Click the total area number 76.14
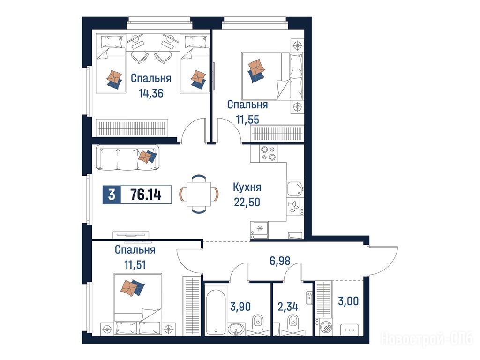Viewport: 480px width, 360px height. (146, 195)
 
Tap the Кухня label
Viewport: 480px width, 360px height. (247, 187)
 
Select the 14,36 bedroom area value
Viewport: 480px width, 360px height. (151, 93)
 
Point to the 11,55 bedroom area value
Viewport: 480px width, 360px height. (247, 120)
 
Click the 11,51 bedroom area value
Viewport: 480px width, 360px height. (135, 264)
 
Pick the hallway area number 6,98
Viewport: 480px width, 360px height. (280, 261)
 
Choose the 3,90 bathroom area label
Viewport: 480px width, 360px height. (240, 306)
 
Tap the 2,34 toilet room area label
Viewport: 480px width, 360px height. (288, 307)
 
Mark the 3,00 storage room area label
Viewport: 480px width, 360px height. (348, 301)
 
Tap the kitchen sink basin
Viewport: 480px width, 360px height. (295, 187)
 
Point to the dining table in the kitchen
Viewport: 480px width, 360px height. (199, 194)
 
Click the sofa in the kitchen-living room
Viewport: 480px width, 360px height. (127, 157)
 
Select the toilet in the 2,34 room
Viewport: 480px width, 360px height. (293, 324)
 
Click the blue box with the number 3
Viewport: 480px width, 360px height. (112, 195)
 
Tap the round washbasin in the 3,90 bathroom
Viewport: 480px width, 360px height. (236, 329)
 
